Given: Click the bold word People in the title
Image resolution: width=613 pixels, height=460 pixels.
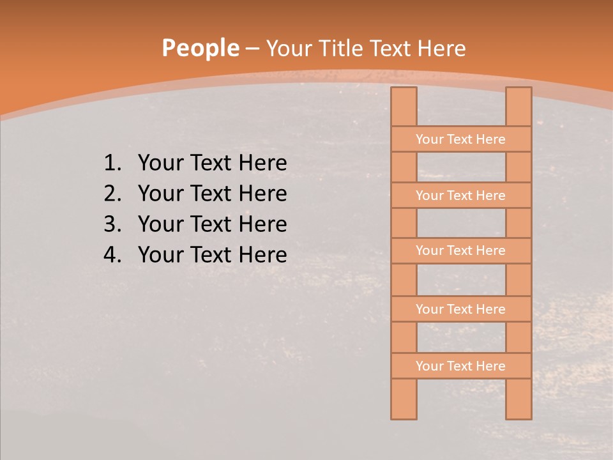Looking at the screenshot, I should (200, 49).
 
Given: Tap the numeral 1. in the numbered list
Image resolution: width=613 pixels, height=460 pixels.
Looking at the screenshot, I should (112, 164).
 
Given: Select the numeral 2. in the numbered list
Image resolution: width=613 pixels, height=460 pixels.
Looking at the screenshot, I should (112, 194).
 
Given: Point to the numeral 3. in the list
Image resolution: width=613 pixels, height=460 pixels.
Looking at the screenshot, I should (112, 224).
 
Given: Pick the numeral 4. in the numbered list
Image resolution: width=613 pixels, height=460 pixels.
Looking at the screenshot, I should (112, 255).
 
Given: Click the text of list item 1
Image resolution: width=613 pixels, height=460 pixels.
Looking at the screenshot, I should (212, 164).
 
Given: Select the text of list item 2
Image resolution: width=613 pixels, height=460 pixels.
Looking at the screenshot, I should (212, 194).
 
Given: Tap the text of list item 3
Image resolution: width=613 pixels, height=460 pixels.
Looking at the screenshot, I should (212, 224).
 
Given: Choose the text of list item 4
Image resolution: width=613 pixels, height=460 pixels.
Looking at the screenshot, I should (212, 255).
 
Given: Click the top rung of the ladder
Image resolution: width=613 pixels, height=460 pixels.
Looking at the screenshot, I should (460, 139).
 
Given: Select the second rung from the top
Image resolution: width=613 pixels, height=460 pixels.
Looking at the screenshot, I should (460, 195).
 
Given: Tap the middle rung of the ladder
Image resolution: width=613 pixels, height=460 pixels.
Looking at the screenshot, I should (460, 251).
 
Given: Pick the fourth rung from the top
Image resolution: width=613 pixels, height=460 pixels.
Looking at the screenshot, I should (460, 309).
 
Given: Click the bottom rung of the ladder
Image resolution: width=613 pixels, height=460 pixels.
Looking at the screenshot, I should (460, 366).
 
